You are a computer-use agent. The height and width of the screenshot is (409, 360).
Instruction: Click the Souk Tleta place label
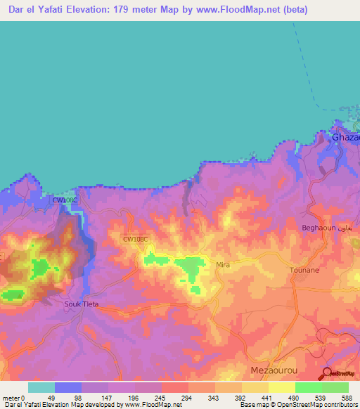point(82,304)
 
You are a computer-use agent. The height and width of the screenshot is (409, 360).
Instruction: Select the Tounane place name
point(305,270)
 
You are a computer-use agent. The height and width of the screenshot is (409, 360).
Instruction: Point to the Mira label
point(223,265)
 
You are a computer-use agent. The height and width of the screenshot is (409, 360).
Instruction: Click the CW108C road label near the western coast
point(65,200)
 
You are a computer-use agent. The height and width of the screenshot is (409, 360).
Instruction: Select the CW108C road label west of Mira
point(136,239)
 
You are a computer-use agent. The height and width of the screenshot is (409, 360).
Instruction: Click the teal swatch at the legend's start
point(41,387)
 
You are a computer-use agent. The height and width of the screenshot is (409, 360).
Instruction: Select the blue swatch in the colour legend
point(68,387)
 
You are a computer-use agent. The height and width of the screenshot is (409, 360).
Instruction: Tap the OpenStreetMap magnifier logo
point(327,373)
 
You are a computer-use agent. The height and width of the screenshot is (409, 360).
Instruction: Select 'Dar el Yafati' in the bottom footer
point(20,405)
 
